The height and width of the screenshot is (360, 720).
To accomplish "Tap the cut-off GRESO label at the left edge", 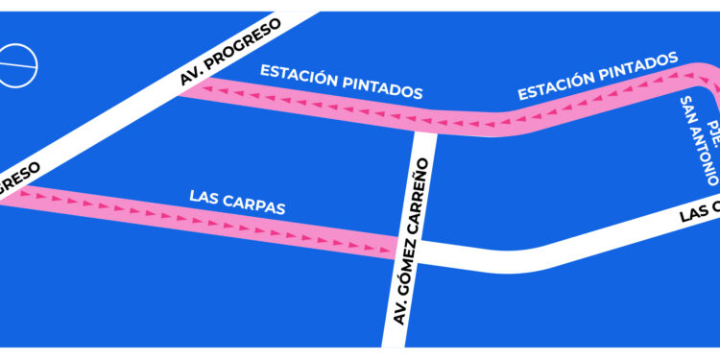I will [19, 180].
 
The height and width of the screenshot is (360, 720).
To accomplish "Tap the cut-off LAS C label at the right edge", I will [699, 212].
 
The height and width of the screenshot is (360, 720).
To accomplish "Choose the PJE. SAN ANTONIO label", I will [698, 140].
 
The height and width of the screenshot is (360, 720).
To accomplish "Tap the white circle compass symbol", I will [16, 66].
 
